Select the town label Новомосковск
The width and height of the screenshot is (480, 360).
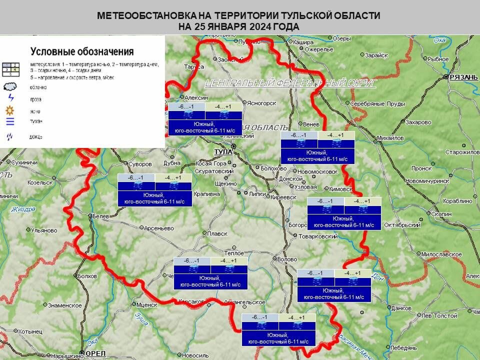319,171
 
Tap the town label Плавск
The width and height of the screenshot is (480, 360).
217,233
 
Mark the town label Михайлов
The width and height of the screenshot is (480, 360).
390,138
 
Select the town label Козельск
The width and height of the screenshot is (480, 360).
40,182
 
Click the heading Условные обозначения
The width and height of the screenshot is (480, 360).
82,51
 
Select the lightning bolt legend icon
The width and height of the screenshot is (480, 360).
10,98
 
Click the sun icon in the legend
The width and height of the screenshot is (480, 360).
10,110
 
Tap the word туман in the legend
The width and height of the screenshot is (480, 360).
36,121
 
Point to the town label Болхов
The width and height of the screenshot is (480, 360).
88,275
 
